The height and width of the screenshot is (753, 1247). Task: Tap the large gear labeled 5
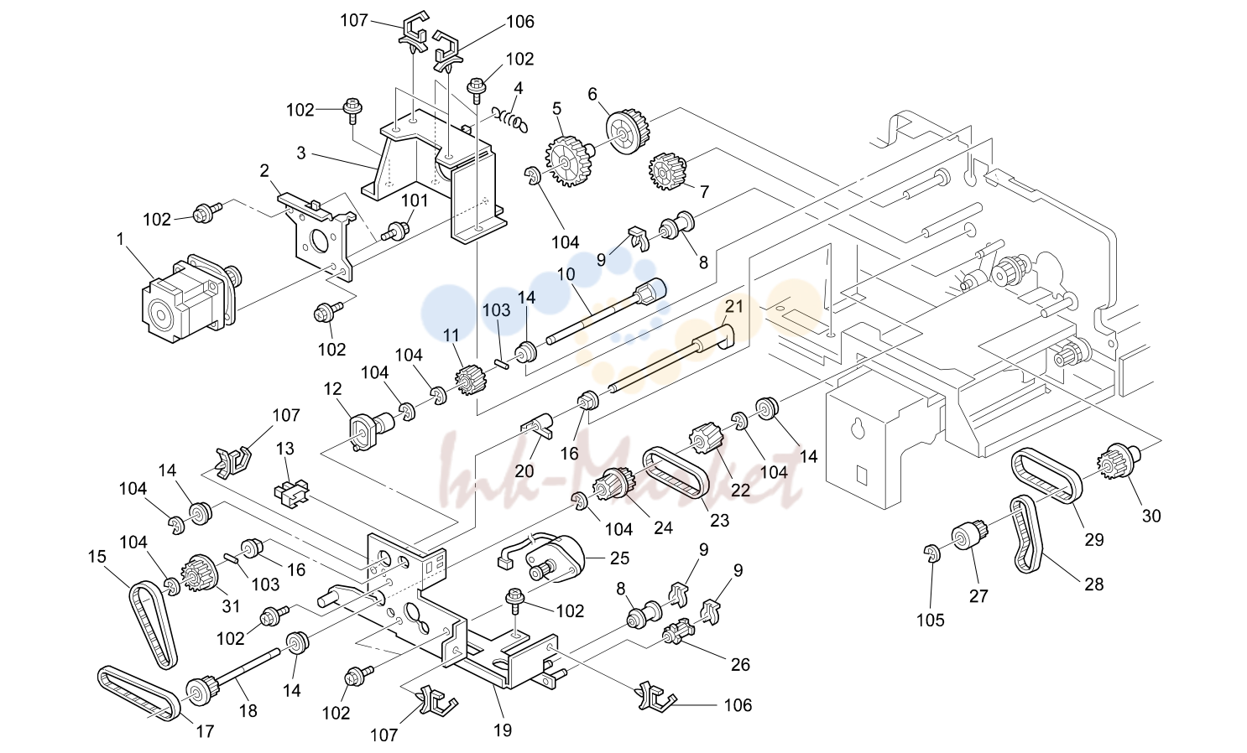[568, 161]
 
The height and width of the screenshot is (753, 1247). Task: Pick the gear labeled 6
[627, 132]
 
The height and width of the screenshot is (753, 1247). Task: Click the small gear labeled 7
[667, 171]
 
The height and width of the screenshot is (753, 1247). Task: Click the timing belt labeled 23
[676, 478]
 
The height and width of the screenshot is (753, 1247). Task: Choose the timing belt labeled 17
[138, 693]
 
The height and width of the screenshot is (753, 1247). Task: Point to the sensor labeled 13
[291, 491]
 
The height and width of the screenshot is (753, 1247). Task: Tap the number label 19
[502, 730]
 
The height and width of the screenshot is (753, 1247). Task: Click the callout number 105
[931, 620]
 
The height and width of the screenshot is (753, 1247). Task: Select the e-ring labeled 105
[932, 554]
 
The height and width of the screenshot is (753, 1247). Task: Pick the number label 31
[231, 605]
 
